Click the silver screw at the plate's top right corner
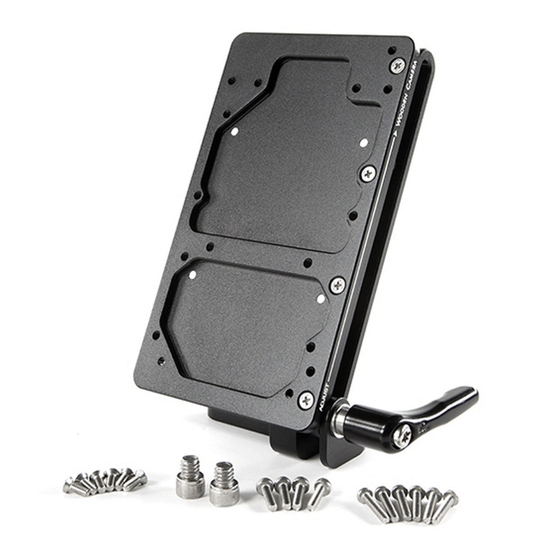coord(397,66)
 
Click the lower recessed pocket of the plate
coord(247,319)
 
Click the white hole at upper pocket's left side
coord(234,131)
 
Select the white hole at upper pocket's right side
coord(364,143)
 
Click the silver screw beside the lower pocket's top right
coord(337,284)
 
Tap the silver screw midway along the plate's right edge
coord(368,171)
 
